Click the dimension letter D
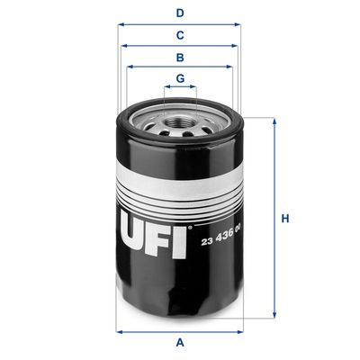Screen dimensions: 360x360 [x=180, y=13]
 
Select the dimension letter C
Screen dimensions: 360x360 [x=180, y=35]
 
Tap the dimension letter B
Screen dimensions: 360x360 [x=180, y=57]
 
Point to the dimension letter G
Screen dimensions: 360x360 [x=180, y=78]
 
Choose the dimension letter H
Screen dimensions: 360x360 [x=285, y=219]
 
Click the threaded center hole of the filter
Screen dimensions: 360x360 [x=180, y=118]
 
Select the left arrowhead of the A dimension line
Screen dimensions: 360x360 [x=121, y=329]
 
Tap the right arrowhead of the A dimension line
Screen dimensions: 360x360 [x=241, y=329]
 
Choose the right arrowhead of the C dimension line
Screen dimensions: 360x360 [x=238, y=46]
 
